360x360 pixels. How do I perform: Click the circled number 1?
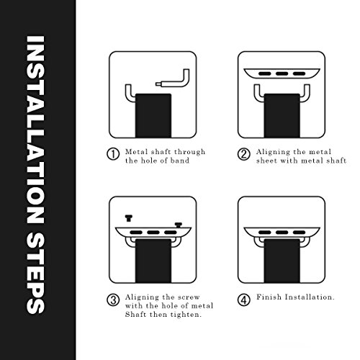[113, 154]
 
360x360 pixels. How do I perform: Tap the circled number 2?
[244, 154]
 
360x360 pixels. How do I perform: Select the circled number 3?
[113, 300]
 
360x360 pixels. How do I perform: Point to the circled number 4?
[244, 300]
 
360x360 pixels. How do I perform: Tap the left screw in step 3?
[129, 218]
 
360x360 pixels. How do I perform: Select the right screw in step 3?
[179, 225]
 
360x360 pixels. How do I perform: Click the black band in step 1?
[153, 116]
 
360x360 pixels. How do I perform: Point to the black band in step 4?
[282, 261]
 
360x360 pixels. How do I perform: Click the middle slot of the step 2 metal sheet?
[282, 73]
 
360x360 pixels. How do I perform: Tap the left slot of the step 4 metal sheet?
[265, 233]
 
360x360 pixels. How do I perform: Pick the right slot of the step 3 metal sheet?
[171, 233]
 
